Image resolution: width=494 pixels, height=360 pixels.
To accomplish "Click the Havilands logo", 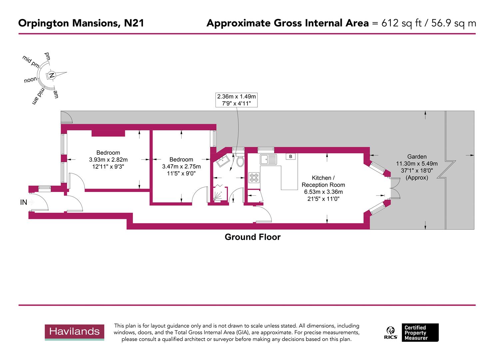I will point(74,332).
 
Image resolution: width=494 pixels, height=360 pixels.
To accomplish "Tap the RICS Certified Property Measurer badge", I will point(412,333).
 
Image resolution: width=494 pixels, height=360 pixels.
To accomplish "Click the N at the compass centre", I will point(52,75).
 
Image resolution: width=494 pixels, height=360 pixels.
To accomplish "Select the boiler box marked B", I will point(290,156).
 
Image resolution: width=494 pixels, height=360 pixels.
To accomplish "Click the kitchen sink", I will point(268,159).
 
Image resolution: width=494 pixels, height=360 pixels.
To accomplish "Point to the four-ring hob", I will point(254,177).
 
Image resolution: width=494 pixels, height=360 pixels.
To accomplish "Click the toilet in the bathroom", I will point(240,161).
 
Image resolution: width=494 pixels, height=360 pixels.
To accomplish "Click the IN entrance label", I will point(24,202).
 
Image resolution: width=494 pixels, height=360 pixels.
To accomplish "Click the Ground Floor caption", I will point(252,237).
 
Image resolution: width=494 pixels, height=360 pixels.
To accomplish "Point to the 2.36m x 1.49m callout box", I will point(237,100).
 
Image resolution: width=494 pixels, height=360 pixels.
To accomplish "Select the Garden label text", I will point(417,157).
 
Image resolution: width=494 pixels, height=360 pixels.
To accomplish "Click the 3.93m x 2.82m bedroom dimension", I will point(108,160).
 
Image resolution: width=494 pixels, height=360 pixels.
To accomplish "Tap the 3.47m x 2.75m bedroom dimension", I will point(181,166).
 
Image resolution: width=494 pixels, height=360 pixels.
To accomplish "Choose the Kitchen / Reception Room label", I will point(323,181).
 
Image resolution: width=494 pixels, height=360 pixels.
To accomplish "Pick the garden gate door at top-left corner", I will point(66,117).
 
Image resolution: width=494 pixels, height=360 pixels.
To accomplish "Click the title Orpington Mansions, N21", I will point(81,23).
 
